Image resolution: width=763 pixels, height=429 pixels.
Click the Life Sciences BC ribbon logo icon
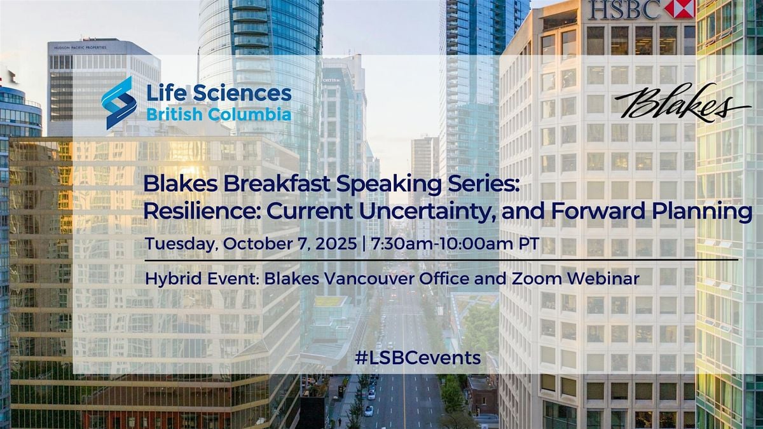(x=119, y=103)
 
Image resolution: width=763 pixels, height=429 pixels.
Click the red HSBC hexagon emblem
(x=680, y=8)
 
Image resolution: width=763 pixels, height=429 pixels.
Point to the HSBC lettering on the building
(x=626, y=9)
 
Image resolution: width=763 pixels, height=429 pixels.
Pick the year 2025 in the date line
(x=336, y=244)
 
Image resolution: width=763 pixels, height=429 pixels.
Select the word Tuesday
(x=181, y=245)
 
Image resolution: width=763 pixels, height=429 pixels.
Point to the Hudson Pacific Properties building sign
(x=80, y=48)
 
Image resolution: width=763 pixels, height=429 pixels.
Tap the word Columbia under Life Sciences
(x=250, y=114)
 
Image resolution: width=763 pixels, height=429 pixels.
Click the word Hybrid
(x=174, y=279)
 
